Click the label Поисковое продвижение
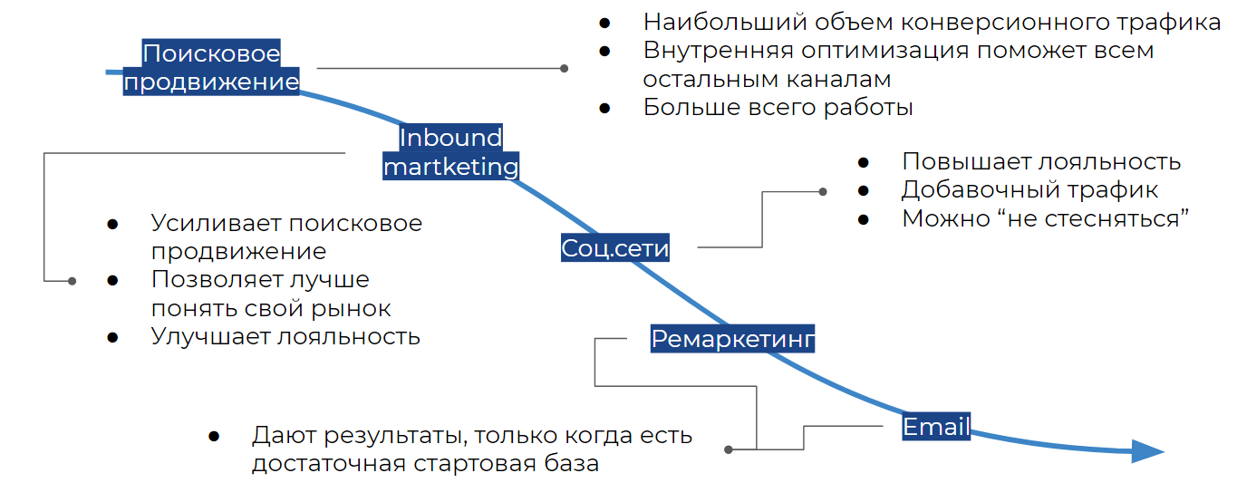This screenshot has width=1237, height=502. [x=211, y=68]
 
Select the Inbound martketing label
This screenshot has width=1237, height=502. [x=450, y=152]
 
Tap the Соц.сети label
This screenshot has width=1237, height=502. [x=615, y=247]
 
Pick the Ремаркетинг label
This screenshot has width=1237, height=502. [x=733, y=339]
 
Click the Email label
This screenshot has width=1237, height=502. [x=936, y=426]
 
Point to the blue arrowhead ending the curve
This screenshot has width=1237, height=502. [x=1147, y=450]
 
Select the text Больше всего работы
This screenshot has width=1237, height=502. [x=778, y=107]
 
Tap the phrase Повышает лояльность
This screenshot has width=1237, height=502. [x=1040, y=161]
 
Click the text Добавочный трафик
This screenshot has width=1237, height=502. [x=1029, y=189]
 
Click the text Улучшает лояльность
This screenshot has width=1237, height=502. [x=285, y=336]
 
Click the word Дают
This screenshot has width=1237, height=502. [x=280, y=435]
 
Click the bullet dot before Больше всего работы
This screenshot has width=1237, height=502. [x=604, y=108]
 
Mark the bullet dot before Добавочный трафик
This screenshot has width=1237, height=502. [x=863, y=190]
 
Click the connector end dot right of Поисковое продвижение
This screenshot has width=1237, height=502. [x=565, y=68]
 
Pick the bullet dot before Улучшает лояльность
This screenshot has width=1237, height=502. [x=112, y=337]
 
